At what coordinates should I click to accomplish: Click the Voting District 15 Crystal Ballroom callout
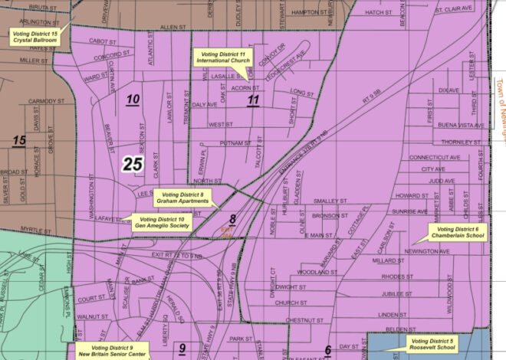(35, 35)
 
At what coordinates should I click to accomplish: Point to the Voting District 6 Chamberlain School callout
(457, 233)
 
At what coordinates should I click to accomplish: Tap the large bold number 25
(133, 163)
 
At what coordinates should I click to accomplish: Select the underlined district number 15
(19, 140)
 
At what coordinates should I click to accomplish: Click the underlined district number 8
(232, 220)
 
